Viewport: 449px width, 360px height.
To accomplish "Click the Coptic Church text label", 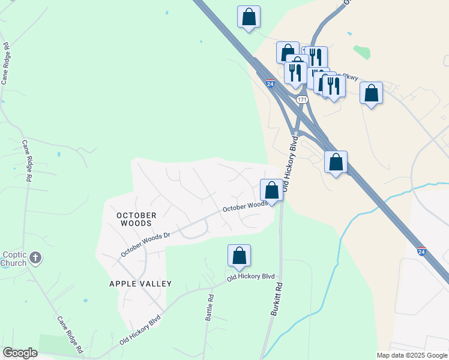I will [x=13, y=259].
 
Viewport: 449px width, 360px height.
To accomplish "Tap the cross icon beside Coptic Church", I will [x=35, y=258].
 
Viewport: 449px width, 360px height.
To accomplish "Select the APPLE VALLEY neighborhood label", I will [x=140, y=284].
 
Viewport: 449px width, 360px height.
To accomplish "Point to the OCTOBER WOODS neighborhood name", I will [x=136, y=219].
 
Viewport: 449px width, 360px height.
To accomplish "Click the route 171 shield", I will [x=302, y=98].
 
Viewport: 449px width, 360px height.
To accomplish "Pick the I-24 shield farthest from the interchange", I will [x=421, y=253].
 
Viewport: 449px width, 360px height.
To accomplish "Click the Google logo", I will [x=20, y=353].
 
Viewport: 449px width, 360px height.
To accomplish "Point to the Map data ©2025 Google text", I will [x=411, y=355].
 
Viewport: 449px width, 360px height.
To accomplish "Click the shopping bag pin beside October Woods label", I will [x=271, y=191].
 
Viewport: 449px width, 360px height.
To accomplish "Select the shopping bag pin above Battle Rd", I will [x=239, y=256].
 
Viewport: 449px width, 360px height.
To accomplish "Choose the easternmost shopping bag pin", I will [x=372, y=94].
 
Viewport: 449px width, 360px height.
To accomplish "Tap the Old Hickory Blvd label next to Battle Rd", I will [x=250, y=277].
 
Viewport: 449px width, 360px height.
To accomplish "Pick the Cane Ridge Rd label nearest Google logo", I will [x=70, y=334].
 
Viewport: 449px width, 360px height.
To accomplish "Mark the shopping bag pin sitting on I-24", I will [x=336, y=162].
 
